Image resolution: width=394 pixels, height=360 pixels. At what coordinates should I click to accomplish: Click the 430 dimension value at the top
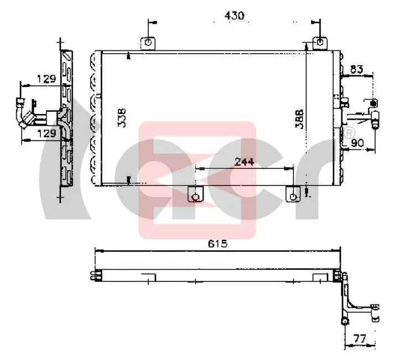pyautogui.click(x=234, y=16)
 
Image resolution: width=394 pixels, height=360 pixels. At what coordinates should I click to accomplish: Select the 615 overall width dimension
pyautogui.click(x=217, y=244)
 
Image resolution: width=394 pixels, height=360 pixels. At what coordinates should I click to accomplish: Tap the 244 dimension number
pyautogui.click(x=244, y=162)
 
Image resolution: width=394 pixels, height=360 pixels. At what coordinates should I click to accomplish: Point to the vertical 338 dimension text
pyautogui.click(x=122, y=118)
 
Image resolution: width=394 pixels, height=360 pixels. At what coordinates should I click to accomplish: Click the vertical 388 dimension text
pyautogui.click(x=299, y=119)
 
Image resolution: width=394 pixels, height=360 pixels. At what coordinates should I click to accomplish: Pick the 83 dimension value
pyautogui.click(x=356, y=69)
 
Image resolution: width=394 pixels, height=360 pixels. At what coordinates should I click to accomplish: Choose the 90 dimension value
pyautogui.click(x=357, y=143)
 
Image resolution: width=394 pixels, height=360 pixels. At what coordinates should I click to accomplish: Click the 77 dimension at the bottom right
pyautogui.click(x=360, y=338)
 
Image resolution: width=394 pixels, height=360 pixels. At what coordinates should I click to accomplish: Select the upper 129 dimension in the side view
pyautogui.click(x=46, y=79)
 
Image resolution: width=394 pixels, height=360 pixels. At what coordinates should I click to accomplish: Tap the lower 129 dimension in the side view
pyautogui.click(x=46, y=133)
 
